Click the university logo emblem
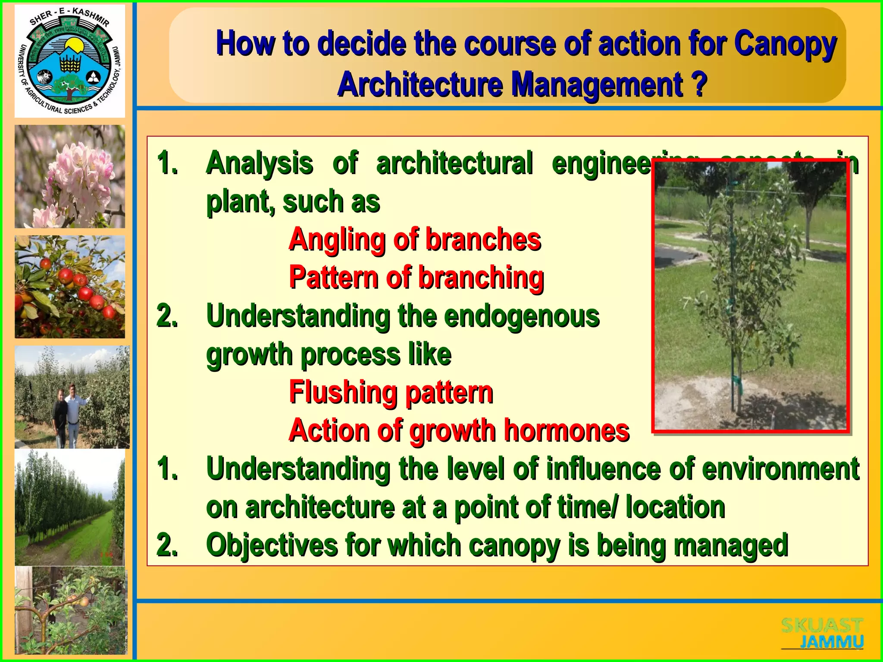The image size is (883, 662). click(70, 61)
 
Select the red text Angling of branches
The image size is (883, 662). click(415, 239)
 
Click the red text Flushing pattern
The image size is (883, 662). click(391, 392)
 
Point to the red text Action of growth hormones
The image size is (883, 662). click(459, 430)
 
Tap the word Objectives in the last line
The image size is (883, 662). click(272, 545)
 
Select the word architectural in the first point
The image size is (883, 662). click(454, 164)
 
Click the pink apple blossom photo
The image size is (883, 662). click(70, 177)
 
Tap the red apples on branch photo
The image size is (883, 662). click(70, 287)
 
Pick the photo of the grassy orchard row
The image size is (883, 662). click(70, 508)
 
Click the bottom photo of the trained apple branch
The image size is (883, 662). click(71, 611)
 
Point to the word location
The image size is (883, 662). click(675, 507)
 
